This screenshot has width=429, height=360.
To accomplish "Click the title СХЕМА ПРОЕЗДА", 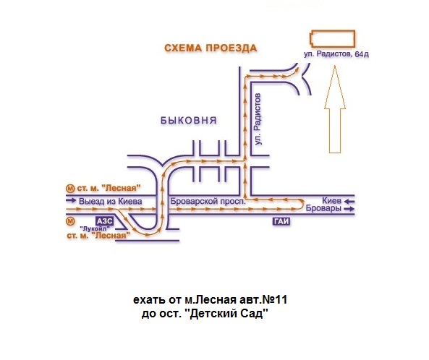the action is click(x=211, y=48).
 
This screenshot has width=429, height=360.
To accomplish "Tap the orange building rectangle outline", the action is click(x=332, y=31).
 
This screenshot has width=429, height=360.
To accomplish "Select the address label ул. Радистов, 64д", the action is click(x=336, y=54).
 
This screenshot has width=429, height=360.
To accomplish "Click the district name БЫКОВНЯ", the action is click(x=189, y=120).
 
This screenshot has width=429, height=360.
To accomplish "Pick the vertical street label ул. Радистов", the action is click(x=258, y=119).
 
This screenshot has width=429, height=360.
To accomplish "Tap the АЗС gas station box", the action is click(x=104, y=221).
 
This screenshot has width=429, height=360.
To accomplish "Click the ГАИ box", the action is click(x=281, y=221).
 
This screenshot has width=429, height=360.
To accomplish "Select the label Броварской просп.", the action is click(x=208, y=202).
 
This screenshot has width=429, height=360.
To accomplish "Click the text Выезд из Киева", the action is click(x=111, y=202).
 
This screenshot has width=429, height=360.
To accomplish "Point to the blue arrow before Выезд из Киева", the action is click(x=71, y=200).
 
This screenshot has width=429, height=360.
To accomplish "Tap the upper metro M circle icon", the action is click(x=70, y=189).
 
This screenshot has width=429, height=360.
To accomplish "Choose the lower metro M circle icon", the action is click(x=70, y=221).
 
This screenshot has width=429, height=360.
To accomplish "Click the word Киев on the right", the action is click(x=331, y=201).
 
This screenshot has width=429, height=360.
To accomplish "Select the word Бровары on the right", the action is click(x=323, y=208).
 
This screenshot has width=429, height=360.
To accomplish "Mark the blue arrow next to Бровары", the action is click(x=349, y=209).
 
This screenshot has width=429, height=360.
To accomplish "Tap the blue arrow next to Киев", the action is click(x=349, y=202).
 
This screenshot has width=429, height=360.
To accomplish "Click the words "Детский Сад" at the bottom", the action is click(x=226, y=313).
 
